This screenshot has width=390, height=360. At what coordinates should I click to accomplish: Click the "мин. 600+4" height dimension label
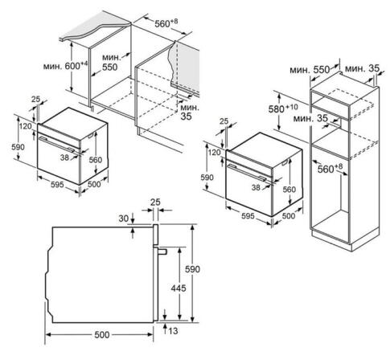coord(66,66)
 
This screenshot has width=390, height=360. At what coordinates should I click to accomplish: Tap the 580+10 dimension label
coord(283,108)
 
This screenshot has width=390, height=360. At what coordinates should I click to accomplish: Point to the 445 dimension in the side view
coord(179,288)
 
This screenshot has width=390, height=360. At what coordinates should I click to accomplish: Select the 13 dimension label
coord(173,331)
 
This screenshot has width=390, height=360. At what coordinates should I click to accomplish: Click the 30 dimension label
coord(124,219)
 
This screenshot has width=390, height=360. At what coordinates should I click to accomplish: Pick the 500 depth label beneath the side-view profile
coord(102,335)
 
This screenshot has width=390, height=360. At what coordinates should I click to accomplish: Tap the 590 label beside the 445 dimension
coord(192,269)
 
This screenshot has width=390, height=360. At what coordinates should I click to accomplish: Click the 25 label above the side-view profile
coord(155,202)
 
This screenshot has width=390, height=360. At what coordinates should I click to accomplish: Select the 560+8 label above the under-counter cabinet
coord(166,23)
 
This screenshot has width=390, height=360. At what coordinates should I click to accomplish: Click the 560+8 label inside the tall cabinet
coord(330,169)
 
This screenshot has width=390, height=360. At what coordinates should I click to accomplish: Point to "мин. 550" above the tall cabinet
coord(310,70)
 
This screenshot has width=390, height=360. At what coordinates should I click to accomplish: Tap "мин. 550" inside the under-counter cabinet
coord(110,62)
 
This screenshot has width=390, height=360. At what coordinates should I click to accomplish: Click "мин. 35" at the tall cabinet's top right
coord(362,69)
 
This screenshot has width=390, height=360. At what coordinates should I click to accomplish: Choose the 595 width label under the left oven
coord(57,184)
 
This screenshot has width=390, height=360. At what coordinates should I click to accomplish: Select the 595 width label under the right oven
coord(248,216)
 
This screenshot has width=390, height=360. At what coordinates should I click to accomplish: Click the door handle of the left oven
coord(57,145)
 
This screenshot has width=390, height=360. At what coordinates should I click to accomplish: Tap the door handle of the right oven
coord(246,173)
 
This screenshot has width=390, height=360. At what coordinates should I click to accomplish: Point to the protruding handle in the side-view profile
coord(163,252)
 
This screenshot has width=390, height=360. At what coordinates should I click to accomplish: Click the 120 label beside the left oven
coord(26,126)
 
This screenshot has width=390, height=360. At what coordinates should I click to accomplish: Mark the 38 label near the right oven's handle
coord(256,187)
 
